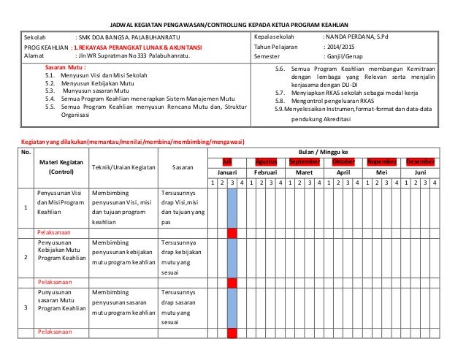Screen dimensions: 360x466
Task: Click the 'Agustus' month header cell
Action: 264,161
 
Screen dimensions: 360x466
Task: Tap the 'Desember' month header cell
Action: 421,161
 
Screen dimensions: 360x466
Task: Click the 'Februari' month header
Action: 264,172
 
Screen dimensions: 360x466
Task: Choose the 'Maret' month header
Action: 303,172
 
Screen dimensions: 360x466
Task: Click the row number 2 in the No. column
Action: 26,257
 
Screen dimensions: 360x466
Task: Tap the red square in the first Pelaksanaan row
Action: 232,233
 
